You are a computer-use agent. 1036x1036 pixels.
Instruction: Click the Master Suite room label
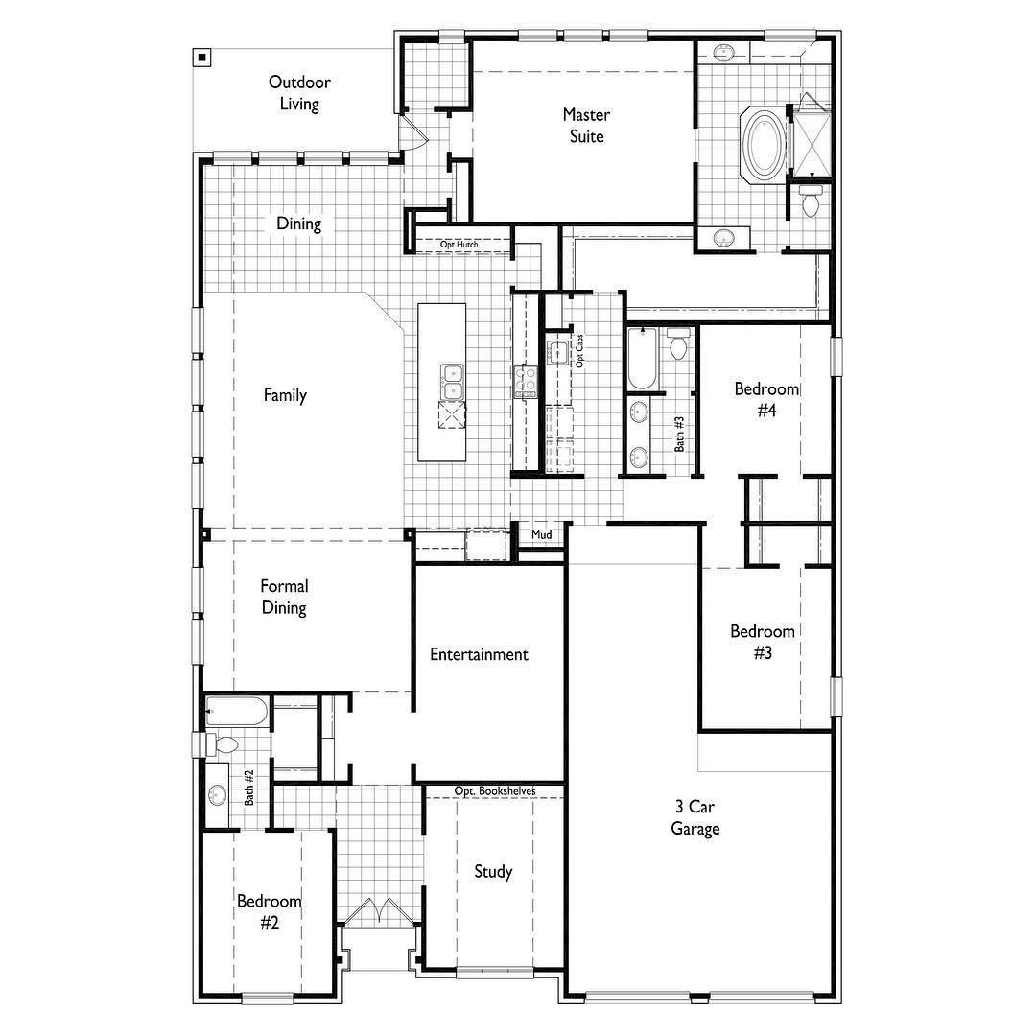click(586, 126)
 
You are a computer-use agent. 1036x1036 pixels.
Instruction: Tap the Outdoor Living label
click(299, 92)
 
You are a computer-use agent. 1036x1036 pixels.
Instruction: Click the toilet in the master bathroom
click(810, 200)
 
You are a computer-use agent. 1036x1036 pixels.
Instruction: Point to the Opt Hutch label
click(459, 245)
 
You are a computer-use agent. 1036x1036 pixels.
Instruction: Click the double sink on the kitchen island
click(452, 382)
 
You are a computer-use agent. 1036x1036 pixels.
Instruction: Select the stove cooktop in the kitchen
click(526, 382)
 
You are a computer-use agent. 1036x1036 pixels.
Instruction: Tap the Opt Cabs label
click(579, 351)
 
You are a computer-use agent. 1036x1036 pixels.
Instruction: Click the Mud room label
click(542, 534)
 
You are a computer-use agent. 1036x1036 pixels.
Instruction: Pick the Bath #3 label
click(679, 435)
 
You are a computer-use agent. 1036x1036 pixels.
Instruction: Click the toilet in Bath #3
click(678, 343)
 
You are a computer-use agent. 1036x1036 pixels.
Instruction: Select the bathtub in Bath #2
click(237, 712)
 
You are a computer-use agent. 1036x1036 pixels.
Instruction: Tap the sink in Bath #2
click(217, 795)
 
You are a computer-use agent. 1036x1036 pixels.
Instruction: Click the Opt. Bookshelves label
click(495, 790)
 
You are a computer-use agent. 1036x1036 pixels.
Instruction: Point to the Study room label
click(494, 871)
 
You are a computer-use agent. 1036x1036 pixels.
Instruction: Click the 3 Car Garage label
click(695, 817)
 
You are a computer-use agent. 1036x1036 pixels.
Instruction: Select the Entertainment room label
click(479, 655)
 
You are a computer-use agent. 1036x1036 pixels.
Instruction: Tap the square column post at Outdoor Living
click(202, 58)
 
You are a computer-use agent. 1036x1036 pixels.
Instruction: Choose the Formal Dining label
click(284, 597)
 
